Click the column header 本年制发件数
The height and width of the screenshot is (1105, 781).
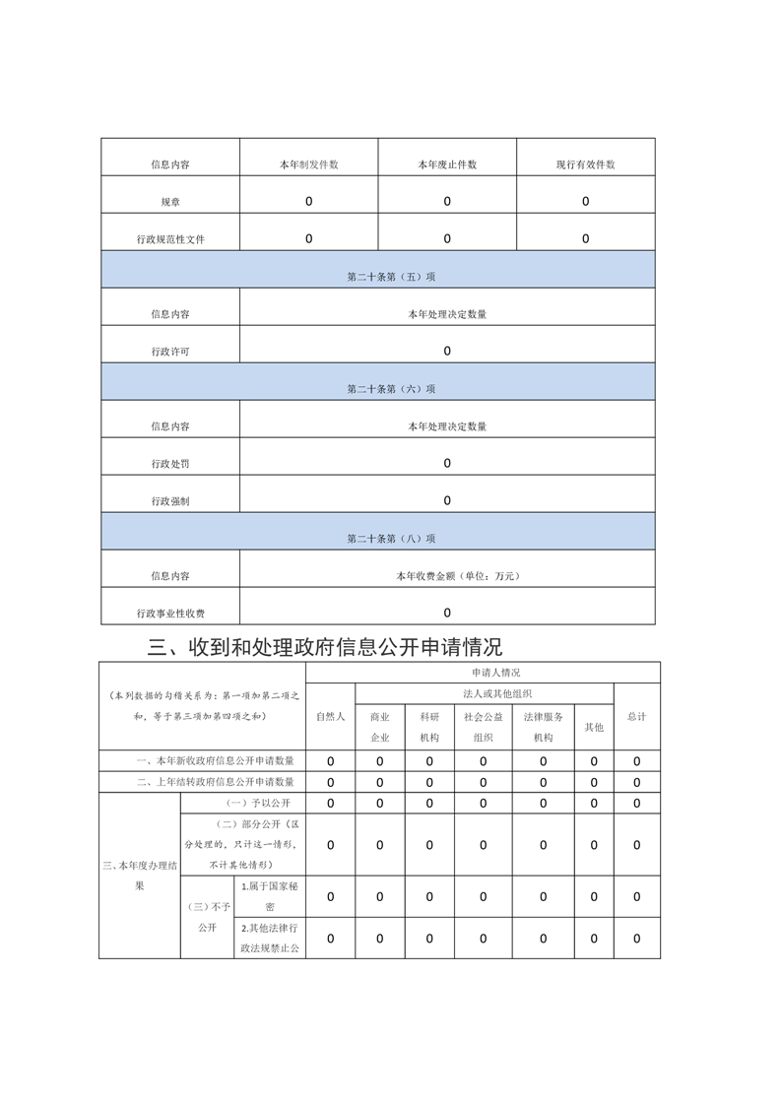(x=308, y=164)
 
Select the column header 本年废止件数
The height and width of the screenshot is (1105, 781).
(x=447, y=164)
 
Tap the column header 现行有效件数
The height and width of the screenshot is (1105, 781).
(x=585, y=164)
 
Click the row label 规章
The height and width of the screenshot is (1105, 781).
(x=170, y=202)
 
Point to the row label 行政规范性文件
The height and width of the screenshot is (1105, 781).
(x=170, y=239)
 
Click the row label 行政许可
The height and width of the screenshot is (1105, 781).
(x=170, y=352)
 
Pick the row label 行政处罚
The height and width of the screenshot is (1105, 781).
(x=170, y=464)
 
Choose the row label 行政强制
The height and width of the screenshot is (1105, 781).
(x=170, y=501)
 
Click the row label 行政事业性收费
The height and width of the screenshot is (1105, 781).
(x=170, y=614)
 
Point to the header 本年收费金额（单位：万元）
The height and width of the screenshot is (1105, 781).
(x=447, y=576)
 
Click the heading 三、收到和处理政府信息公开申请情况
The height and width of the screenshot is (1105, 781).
(x=324, y=647)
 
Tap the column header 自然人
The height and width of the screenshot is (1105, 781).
(x=330, y=716)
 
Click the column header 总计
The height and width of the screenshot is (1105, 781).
(x=636, y=716)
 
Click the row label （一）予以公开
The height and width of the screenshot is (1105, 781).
(x=242, y=803)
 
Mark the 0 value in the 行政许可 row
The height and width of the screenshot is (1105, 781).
(x=447, y=352)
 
